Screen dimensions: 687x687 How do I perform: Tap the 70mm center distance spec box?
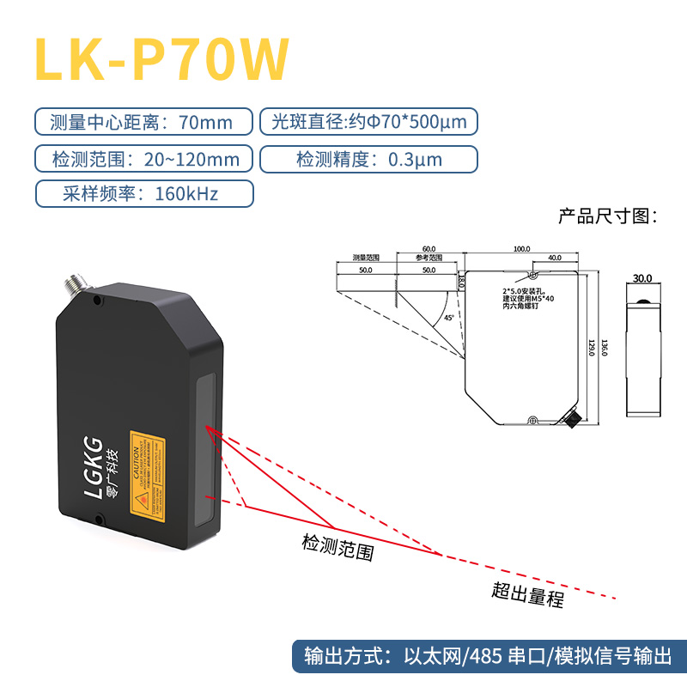[x=143, y=122]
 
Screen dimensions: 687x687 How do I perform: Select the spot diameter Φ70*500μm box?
[x=368, y=122]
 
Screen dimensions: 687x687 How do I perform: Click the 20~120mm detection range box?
[x=143, y=159]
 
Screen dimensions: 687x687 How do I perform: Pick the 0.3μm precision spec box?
[x=368, y=159]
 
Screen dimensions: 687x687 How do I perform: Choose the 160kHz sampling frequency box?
[x=143, y=194]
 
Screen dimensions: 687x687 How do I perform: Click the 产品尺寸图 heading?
[x=607, y=216]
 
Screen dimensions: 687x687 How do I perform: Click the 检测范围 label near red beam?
[x=337, y=547]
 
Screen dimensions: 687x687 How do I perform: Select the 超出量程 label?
[x=527, y=593]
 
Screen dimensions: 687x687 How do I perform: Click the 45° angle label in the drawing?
[x=449, y=318]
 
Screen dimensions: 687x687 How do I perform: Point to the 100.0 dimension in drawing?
[x=521, y=249]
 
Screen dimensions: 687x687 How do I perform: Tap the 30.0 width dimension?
[x=642, y=278]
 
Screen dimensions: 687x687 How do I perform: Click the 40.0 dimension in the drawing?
[x=555, y=258]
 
